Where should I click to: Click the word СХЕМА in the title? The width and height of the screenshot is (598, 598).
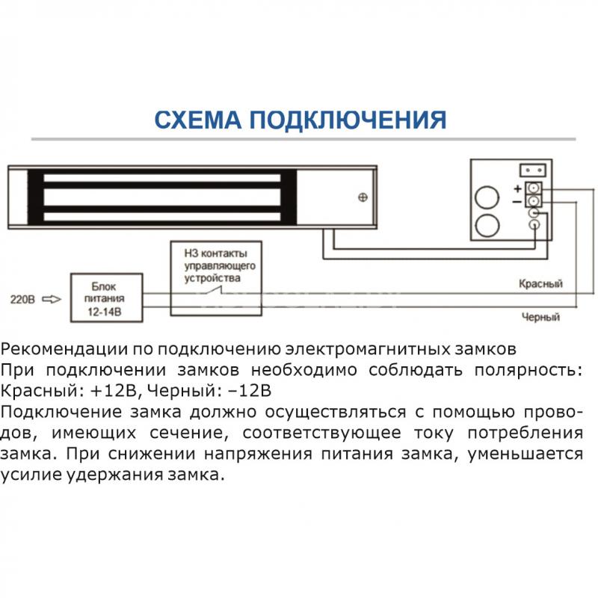point(197,120)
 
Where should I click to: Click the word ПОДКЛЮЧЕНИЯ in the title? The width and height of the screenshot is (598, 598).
point(348,120)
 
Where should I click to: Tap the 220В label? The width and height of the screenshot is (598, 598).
point(22,300)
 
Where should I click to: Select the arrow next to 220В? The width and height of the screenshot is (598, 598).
point(52,300)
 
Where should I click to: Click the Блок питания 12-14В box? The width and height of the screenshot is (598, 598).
point(107,298)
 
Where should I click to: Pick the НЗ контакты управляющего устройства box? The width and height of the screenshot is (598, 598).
point(216,278)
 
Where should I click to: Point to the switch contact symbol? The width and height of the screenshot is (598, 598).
point(215,291)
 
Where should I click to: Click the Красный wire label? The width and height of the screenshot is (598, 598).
point(540,284)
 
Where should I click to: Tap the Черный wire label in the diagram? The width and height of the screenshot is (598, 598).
point(540,317)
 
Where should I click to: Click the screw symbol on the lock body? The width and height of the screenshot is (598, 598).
point(363,197)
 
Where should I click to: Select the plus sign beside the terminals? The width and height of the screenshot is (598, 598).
point(517,188)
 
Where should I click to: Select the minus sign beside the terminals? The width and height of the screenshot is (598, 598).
point(517,201)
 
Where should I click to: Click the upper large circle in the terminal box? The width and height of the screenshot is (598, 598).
point(487,197)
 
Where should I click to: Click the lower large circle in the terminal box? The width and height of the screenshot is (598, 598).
point(487,226)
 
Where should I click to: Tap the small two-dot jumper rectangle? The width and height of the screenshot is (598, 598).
point(533,170)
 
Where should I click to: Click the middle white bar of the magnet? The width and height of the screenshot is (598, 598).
point(162,197)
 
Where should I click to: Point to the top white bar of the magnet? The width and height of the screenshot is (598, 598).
point(162,178)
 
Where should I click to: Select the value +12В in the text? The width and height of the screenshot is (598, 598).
point(114,391)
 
